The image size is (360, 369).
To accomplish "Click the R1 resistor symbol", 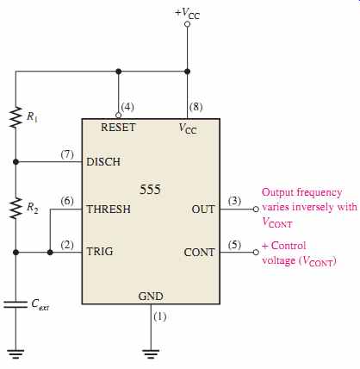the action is [x=16, y=117].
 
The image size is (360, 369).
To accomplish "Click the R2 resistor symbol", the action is [x=16, y=208].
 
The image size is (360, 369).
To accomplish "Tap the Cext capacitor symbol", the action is [x=16, y=304].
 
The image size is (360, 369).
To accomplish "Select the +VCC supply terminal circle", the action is [x=187, y=24].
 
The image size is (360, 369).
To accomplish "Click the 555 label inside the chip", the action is [x=150, y=190].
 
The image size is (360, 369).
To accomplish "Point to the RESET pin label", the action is [x=118, y=128].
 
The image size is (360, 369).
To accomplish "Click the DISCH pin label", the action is [x=103, y=162].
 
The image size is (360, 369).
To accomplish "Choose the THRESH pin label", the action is [x=109, y=209].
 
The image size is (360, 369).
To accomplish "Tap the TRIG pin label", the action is [x=100, y=252].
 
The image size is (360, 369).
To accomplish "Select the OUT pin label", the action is [x=203, y=210].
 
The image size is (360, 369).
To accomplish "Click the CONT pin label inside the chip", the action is [x=199, y=253].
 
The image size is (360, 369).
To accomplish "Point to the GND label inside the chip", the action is [x=151, y=297].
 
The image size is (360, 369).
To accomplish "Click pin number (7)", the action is [x=67, y=154].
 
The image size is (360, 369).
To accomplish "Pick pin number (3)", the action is [x=234, y=201].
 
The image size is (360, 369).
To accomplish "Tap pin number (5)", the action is [x=234, y=245].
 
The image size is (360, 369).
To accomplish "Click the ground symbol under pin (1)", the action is [x=151, y=353].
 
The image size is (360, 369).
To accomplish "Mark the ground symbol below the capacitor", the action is [x=16, y=353].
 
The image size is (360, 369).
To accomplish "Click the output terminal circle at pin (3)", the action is [x=256, y=210].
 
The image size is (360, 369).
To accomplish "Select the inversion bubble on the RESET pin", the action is [x=118, y=116].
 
